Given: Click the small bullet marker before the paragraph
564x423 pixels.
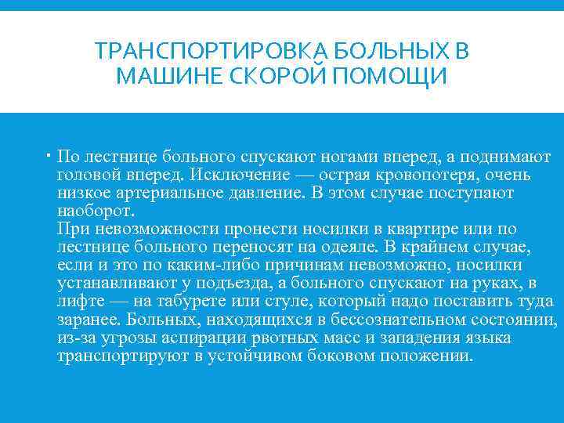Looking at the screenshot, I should [49, 155].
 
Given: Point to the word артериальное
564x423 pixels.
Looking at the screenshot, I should [169, 193].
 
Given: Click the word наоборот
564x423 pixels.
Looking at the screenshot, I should [96, 211].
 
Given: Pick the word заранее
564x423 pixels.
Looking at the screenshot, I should [88, 320].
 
